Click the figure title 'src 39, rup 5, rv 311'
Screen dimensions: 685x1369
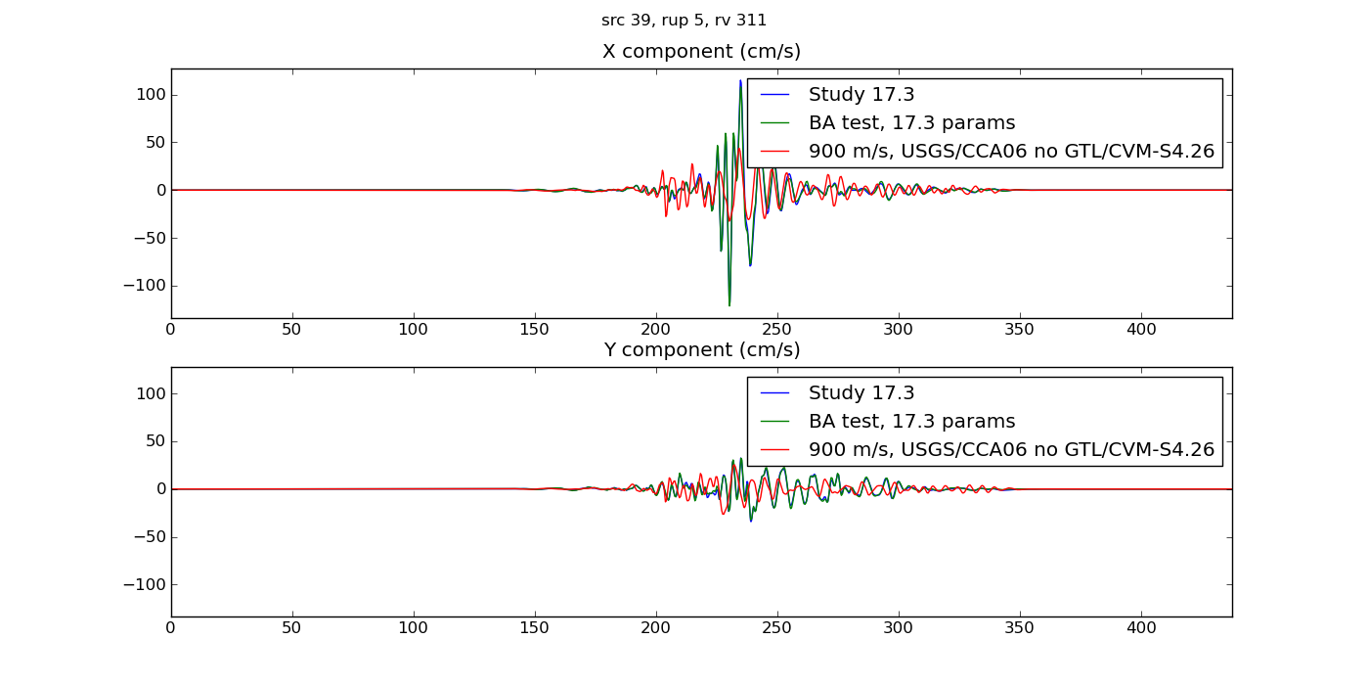coord(684,21)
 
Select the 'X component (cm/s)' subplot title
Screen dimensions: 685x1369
coord(701,52)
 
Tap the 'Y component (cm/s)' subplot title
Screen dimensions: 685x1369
coord(701,350)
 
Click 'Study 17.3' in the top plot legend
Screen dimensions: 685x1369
coord(861,95)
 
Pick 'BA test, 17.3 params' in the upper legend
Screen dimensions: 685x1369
coord(911,123)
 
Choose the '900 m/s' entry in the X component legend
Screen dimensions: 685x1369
coord(1011,152)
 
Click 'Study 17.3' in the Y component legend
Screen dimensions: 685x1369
coord(861,393)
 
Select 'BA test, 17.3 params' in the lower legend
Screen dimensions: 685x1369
coord(911,422)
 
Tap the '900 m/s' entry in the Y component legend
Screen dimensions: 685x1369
coord(1011,450)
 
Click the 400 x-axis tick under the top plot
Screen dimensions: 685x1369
coord(1141,330)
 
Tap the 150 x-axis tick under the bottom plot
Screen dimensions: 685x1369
coord(535,628)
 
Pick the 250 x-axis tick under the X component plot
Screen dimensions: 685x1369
coord(777,330)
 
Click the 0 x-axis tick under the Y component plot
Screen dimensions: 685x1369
coord(171,628)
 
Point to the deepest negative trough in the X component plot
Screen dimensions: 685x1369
coord(729,304)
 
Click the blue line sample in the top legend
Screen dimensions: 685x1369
coord(775,95)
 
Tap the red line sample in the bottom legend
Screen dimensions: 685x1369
coord(775,450)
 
